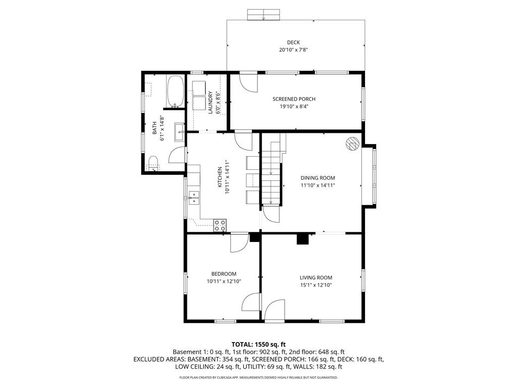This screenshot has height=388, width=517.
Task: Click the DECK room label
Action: pyautogui.click(x=293, y=42)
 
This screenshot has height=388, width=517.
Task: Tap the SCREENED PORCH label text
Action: pyautogui.click(x=294, y=99)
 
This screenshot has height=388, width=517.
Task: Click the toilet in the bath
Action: pyautogui.click(x=153, y=163)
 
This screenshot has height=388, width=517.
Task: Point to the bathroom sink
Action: pyautogui.click(x=179, y=132)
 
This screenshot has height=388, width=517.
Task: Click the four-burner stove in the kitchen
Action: pyautogui.click(x=220, y=225)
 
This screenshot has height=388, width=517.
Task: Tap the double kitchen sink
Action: pyautogui.click(x=194, y=198)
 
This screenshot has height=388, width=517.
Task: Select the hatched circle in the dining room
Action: pyautogui.click(x=352, y=144)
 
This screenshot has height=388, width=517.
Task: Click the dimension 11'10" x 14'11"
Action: pyautogui.click(x=318, y=185)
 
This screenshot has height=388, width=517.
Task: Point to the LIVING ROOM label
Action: pyautogui.click(x=316, y=278)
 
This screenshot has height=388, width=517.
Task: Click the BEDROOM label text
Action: pyautogui.click(x=224, y=274)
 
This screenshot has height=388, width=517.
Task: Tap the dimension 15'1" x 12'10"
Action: pyautogui.click(x=316, y=285)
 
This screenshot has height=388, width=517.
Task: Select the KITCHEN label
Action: pyautogui.click(x=220, y=177)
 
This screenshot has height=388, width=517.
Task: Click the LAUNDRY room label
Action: pyautogui.click(x=211, y=103)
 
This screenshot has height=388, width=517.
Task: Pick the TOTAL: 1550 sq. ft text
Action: pyautogui.click(x=258, y=345)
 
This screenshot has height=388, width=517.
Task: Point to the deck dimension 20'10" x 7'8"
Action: pyautogui.click(x=293, y=50)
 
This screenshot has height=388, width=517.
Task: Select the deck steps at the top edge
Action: pyautogui.click(x=264, y=15)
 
